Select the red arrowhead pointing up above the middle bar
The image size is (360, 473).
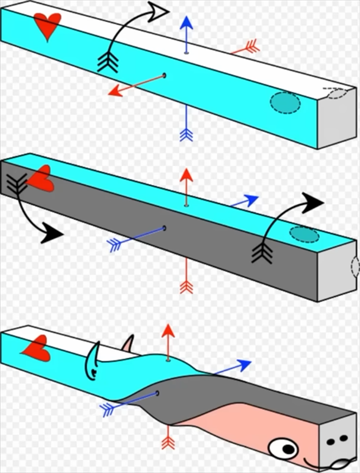(x=186, y=174)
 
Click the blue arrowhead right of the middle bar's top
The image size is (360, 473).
(x=250, y=199)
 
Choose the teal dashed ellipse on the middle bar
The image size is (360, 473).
(x=304, y=234)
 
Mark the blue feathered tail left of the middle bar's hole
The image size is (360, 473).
(x=115, y=243)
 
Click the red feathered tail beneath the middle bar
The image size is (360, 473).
(x=186, y=286)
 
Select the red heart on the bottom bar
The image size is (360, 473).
(x=36, y=349)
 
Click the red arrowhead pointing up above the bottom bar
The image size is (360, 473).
(x=168, y=331)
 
